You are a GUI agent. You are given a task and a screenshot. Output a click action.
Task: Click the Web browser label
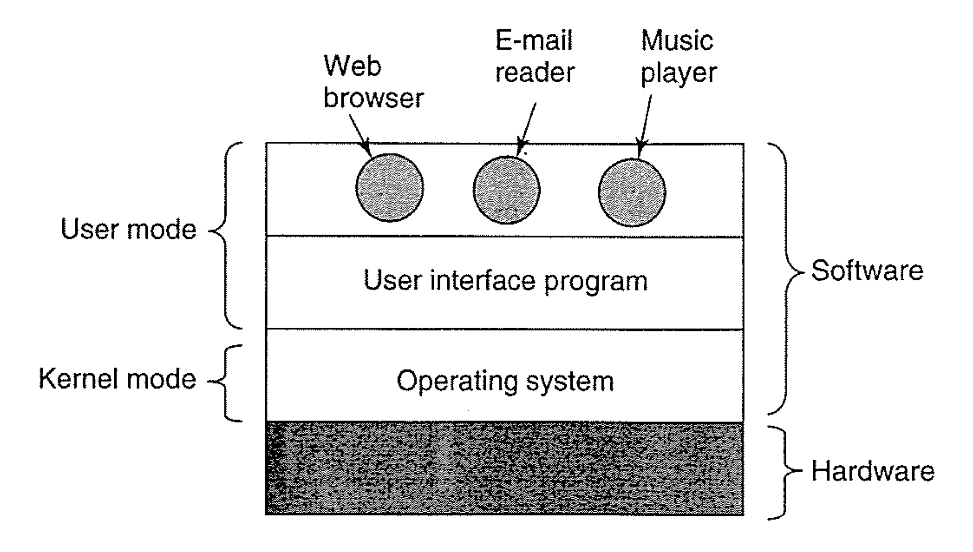(373, 82)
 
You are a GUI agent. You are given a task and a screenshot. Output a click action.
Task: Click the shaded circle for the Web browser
(390, 188)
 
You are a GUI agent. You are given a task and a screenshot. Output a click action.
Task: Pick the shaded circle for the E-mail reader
(507, 190)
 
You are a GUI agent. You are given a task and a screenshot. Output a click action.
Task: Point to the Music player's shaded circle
(632, 192)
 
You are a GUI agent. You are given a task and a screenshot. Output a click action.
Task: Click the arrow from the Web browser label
(359, 132)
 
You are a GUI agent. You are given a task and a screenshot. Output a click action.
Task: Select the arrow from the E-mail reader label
(526, 128)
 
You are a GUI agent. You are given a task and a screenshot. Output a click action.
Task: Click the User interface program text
(505, 280)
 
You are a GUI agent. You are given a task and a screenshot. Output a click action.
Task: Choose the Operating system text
(505, 381)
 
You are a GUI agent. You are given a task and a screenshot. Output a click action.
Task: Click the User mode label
(128, 229)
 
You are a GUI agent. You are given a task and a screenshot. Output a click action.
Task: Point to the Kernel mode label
(117, 379)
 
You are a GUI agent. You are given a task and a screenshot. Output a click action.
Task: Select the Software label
(867, 270)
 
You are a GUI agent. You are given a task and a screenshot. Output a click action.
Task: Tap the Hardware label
(873, 471)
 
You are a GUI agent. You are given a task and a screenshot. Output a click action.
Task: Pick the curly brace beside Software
(784, 276)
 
